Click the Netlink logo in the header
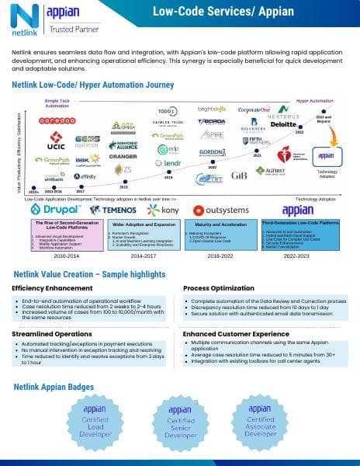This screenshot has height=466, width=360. (21, 19)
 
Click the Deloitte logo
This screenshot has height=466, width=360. (284, 123)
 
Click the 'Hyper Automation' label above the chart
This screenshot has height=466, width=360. (314, 101)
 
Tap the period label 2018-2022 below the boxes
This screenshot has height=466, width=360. (221, 253)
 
